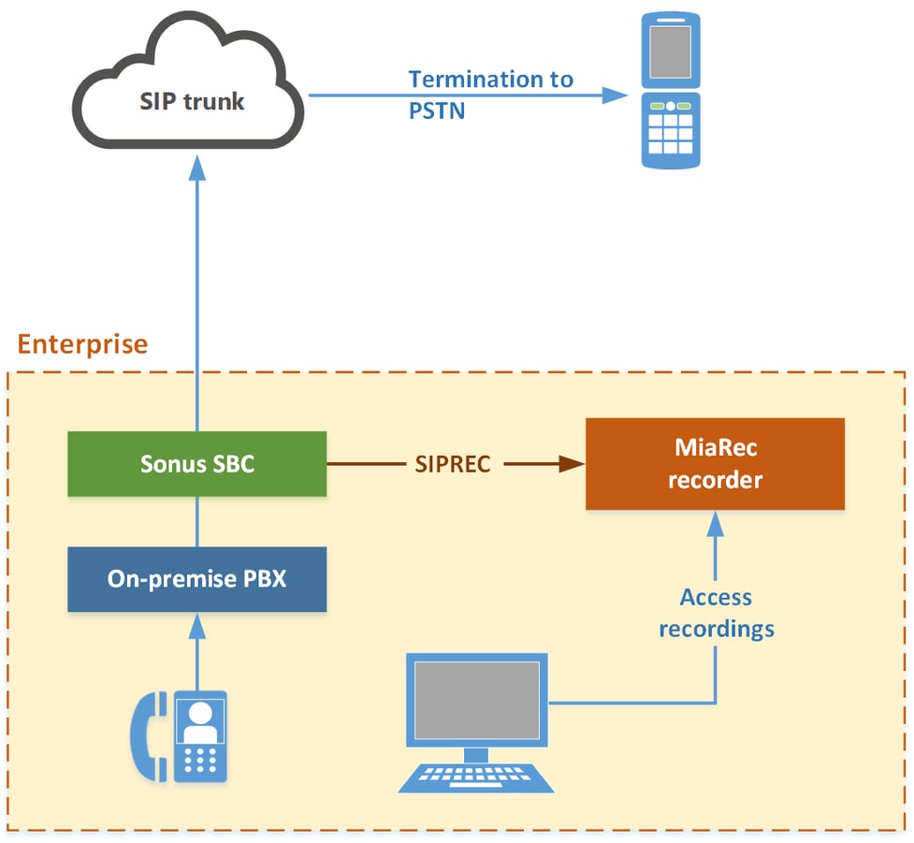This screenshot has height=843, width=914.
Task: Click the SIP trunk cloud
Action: pyautogui.click(x=192, y=101)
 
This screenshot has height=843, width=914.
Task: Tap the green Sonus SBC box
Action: pyautogui.click(x=196, y=464)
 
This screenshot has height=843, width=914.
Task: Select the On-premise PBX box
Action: pyautogui.click(x=196, y=579)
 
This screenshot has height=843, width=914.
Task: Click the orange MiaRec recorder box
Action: pyautogui.click(x=715, y=464)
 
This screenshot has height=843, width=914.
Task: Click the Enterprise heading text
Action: pyautogui.click(x=82, y=344)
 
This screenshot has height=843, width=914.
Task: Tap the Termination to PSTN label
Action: pyautogui.click(x=490, y=94)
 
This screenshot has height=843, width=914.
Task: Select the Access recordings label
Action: pyautogui.click(x=716, y=613)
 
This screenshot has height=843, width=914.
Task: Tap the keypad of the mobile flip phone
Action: pyautogui.click(x=670, y=131)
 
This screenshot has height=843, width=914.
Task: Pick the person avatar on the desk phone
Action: pyautogui.click(x=199, y=720)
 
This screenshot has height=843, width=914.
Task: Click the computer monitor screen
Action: pyautogui.click(x=476, y=700)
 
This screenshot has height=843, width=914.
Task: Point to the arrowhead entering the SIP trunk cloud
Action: pyautogui.click(x=196, y=166)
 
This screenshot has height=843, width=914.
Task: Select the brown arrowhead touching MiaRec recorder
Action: pyautogui.click(x=573, y=464)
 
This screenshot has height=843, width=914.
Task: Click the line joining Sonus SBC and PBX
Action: pyautogui.click(x=196, y=521)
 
